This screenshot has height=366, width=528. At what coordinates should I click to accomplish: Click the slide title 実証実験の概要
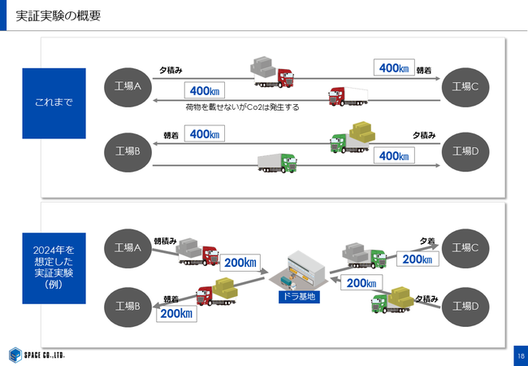click(x=58, y=15)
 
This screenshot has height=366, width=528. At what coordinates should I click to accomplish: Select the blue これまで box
click(x=54, y=102)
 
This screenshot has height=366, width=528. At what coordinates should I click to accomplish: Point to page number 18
click(x=519, y=355)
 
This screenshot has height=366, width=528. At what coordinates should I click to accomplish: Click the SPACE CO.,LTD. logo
click(x=37, y=355)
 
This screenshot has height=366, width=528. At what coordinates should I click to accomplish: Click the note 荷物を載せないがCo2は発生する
click(x=242, y=107)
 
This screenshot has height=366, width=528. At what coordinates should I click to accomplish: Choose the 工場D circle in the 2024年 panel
click(x=465, y=305)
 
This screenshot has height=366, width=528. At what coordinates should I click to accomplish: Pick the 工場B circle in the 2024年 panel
click(x=128, y=306)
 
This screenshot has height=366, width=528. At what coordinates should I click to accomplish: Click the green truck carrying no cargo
click(x=277, y=162)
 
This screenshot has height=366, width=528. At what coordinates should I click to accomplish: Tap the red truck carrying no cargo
click(x=348, y=96)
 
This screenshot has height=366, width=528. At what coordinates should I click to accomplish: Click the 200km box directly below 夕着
click(x=417, y=259)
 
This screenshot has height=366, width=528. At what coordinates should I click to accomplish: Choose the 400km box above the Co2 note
click(x=203, y=90)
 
